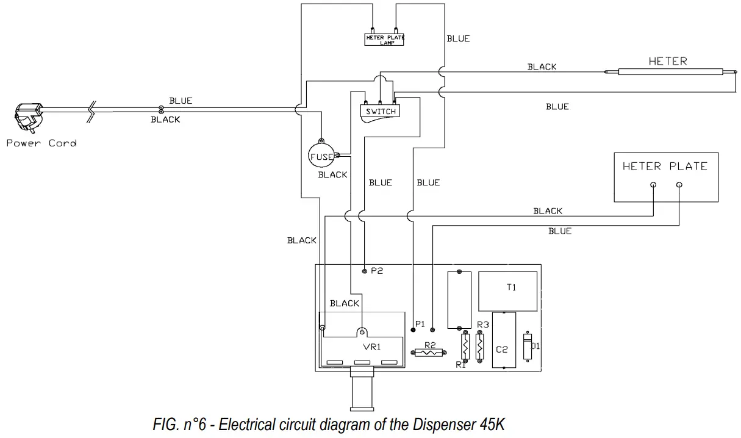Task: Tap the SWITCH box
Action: point(381,112)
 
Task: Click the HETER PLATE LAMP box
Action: point(385,39)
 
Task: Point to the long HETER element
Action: point(668,72)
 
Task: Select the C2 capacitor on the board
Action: point(503,340)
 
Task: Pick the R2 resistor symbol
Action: point(429,352)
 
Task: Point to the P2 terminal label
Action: point(377,271)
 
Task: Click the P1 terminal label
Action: point(419,323)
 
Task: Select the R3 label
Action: point(483,325)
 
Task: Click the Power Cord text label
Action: point(41,143)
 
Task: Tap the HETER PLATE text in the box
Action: point(665,166)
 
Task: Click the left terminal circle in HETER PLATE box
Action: point(653,185)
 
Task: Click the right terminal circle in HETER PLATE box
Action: point(679,185)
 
